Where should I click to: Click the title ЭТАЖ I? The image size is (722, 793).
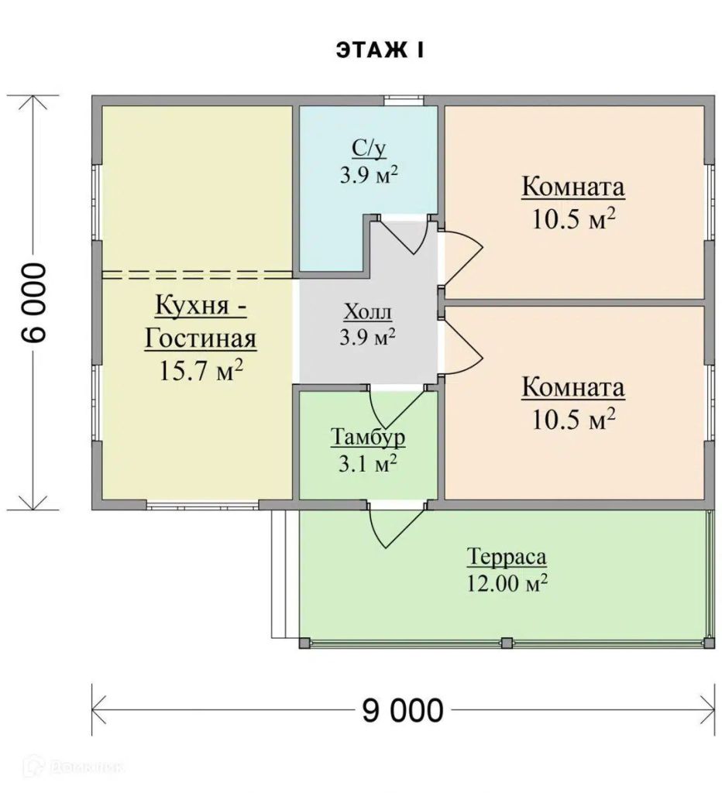(x=380, y=51)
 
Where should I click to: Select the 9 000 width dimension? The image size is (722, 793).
(x=403, y=710)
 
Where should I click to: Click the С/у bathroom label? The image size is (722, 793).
(x=369, y=149)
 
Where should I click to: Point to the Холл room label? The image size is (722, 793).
(x=368, y=312)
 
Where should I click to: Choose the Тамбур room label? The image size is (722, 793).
(x=368, y=437)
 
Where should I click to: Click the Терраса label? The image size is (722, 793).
(x=507, y=558)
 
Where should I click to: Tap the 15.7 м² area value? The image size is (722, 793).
(x=201, y=370)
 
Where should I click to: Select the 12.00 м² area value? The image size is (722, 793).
(x=507, y=584)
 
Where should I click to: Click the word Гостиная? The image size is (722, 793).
(x=201, y=339)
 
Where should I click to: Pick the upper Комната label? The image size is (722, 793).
(x=573, y=187)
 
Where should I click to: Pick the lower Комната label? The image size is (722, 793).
(x=573, y=388)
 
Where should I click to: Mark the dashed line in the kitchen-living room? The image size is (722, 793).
(x=198, y=275)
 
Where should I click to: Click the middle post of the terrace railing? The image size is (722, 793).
(x=507, y=644)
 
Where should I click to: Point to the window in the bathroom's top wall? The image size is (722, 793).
(x=404, y=101)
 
